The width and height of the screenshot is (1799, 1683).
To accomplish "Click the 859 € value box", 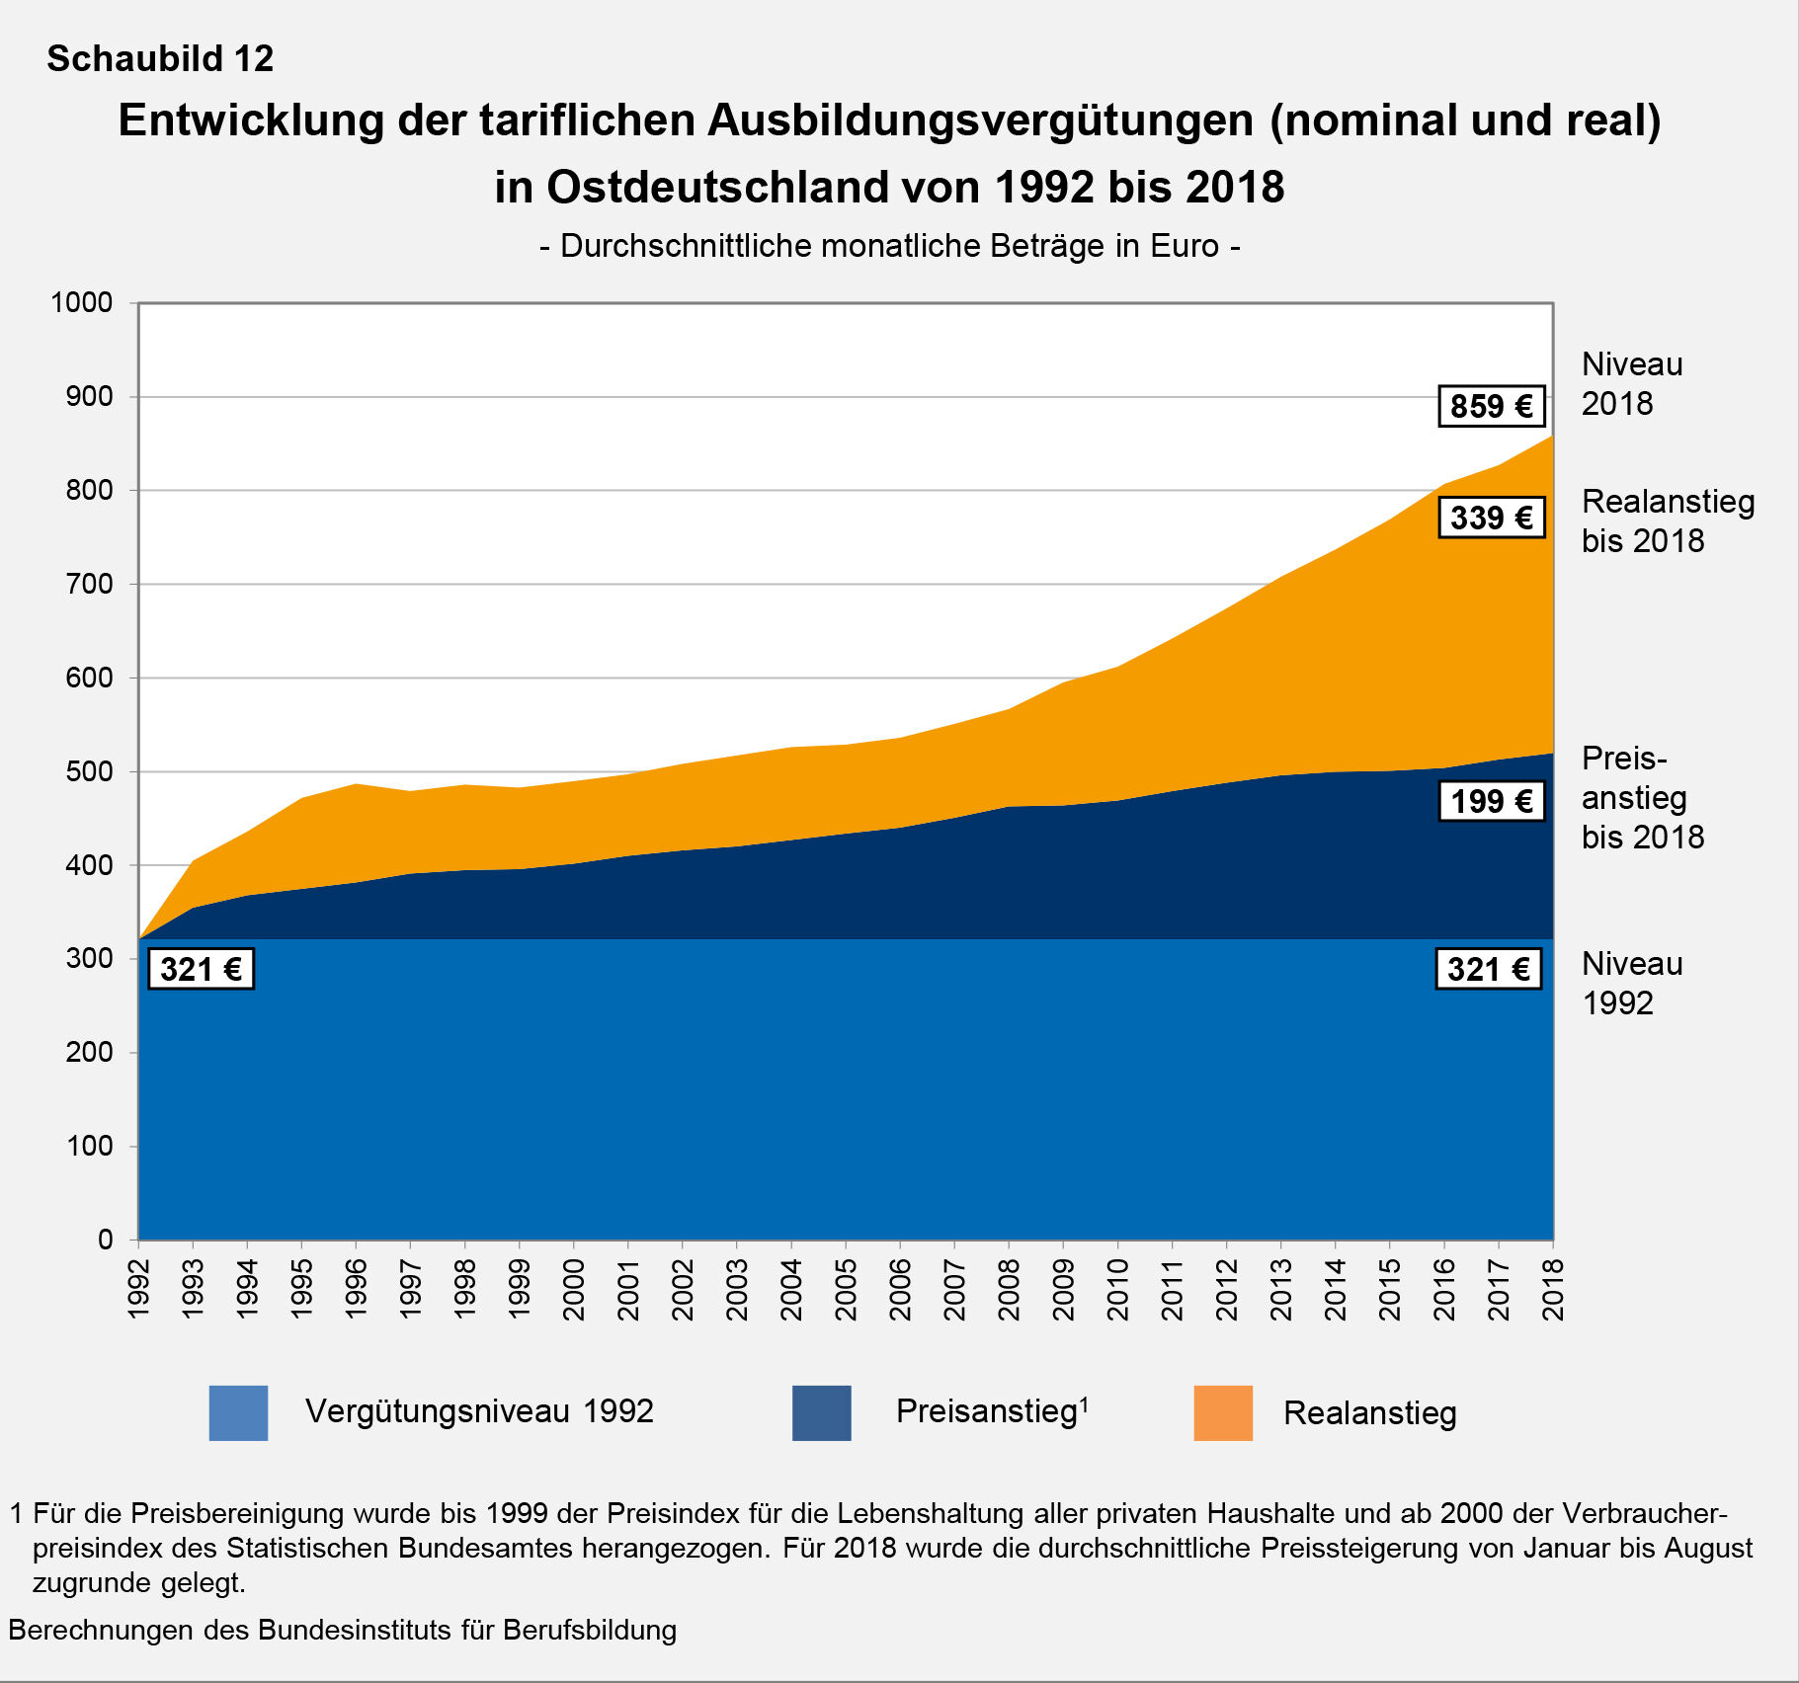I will click(1491, 406).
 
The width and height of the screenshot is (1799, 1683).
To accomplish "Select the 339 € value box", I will click(1491, 518).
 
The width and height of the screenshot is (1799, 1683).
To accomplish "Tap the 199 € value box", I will click(1491, 801).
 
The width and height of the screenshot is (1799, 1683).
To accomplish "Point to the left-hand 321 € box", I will click(201, 969).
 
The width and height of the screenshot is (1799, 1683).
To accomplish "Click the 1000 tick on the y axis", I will click(82, 302).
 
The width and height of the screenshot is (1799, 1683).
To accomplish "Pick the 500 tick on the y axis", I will click(89, 771).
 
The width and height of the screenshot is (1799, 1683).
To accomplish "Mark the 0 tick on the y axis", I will click(106, 1240).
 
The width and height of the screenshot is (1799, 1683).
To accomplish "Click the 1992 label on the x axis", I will click(138, 1289).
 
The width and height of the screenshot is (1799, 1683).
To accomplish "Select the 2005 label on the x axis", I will click(846, 1289).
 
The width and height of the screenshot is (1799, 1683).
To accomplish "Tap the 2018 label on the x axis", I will click(1553, 1289).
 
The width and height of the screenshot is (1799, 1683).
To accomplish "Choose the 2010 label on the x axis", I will click(1117, 1289).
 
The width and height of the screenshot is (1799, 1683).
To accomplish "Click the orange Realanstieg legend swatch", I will click(1223, 1412).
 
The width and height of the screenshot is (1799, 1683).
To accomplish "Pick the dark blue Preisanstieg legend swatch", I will click(821, 1412).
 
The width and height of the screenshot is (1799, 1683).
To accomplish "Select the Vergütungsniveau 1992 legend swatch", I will click(238, 1412).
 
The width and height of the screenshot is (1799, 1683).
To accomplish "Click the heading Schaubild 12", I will click(160, 59).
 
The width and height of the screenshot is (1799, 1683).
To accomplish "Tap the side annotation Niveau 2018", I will click(1631, 383).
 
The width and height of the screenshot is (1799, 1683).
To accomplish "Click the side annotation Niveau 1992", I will click(1631, 983).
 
